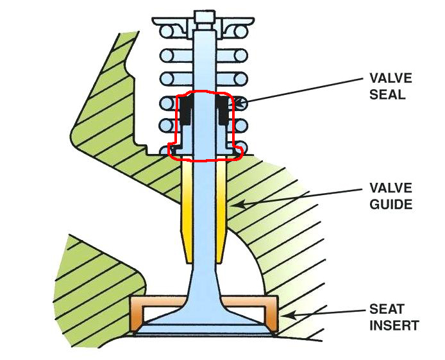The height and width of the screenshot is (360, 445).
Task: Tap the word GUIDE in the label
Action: tap(390, 205)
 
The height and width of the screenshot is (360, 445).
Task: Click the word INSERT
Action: tap(394, 325)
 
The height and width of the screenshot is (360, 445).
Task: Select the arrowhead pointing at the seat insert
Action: tap(283, 315)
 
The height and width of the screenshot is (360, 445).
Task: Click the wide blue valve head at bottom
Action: tap(205, 324)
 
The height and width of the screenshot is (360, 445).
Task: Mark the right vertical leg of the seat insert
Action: tap(272, 316)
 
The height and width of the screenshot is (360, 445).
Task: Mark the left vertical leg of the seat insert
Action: tap(136, 316)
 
